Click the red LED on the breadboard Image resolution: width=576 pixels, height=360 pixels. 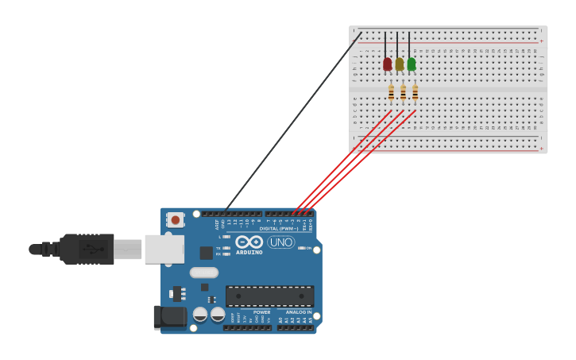tap(388, 64)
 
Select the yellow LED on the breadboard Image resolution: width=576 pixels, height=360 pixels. tap(400, 64)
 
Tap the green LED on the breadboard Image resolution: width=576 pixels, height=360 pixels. tap(412, 64)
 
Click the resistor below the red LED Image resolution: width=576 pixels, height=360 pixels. tap(391, 92)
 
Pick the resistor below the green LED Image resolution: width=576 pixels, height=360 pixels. tap(415, 92)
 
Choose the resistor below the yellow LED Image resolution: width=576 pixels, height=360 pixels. tap(403, 92)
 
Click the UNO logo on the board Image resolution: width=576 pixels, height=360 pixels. tap(280, 242)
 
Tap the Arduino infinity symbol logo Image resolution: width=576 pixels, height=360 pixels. tap(249, 242)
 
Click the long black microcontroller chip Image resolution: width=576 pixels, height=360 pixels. tap(269, 296)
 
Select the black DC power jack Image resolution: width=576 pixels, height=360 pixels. tap(169, 316)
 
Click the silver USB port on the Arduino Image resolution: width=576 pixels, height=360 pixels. tap(164, 249)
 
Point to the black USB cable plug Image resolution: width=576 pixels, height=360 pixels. tap(87, 249)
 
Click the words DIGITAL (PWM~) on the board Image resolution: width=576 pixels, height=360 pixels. tap(279, 229)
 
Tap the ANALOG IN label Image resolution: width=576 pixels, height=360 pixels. tap(299, 312)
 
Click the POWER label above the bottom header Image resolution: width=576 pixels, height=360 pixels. tap(262, 312)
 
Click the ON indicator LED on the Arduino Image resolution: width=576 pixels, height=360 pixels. tap(302, 248)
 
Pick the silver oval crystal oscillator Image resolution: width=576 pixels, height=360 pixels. tap(204, 273)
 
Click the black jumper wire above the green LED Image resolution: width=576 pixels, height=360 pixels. tap(409, 45)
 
